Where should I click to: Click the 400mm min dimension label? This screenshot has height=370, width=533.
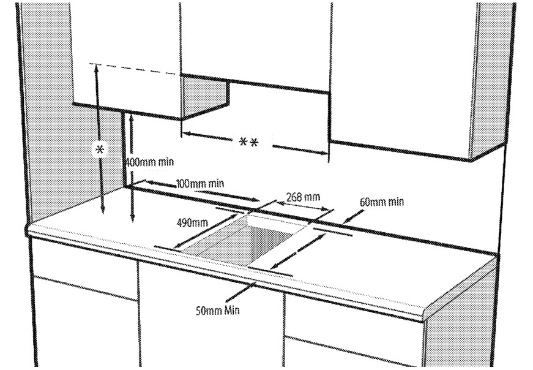point(150,162)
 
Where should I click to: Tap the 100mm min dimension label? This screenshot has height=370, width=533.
point(200,183)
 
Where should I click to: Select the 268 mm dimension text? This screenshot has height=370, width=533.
point(303,197)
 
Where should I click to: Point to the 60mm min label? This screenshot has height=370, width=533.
point(382,202)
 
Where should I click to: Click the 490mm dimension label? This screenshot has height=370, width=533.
point(190,222)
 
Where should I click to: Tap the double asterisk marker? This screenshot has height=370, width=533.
point(248,143)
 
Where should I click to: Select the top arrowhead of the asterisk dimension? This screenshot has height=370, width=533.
point(96,68)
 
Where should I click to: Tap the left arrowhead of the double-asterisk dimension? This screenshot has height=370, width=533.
point(186,133)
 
